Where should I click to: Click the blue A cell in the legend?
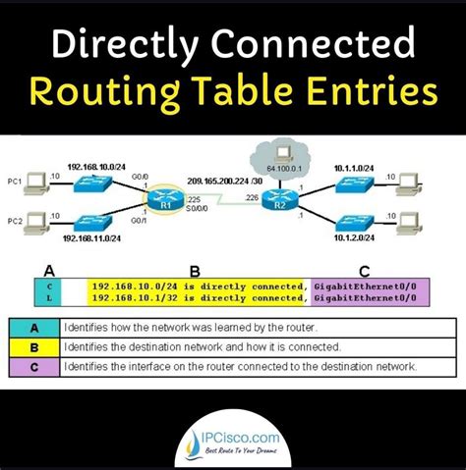[32, 327]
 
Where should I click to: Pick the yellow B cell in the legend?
[32, 346]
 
